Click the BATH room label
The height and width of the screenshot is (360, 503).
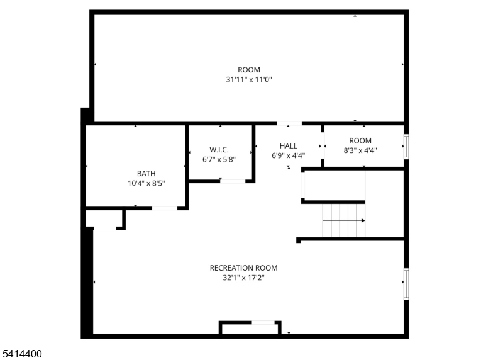click(x=146, y=174)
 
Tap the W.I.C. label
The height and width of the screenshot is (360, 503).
click(x=219, y=150)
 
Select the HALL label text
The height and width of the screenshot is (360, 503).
click(x=289, y=146)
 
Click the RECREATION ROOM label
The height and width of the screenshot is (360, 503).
click(x=244, y=268)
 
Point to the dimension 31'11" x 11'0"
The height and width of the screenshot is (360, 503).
click(x=249, y=79)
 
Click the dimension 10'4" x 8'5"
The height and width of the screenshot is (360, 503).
click(x=146, y=183)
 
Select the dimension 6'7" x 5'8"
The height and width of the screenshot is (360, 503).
click(x=219, y=159)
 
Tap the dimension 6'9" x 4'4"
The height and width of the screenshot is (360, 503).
click(x=289, y=155)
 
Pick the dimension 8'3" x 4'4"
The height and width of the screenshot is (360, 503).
click(x=360, y=150)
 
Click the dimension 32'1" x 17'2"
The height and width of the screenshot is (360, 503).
click(x=244, y=278)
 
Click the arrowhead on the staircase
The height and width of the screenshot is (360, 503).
click(x=363, y=220)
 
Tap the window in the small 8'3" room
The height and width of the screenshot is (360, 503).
click(x=406, y=147)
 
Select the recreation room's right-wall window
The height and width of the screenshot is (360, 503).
click(x=406, y=284)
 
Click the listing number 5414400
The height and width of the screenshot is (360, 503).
click(x=22, y=354)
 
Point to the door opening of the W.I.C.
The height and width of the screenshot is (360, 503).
click(x=233, y=181)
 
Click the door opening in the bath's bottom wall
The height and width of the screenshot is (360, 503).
click(x=165, y=208)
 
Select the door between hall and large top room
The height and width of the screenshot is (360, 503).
click(x=289, y=123)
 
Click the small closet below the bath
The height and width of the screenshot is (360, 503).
click(x=104, y=218)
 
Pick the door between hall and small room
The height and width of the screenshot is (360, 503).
click(x=323, y=145)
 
